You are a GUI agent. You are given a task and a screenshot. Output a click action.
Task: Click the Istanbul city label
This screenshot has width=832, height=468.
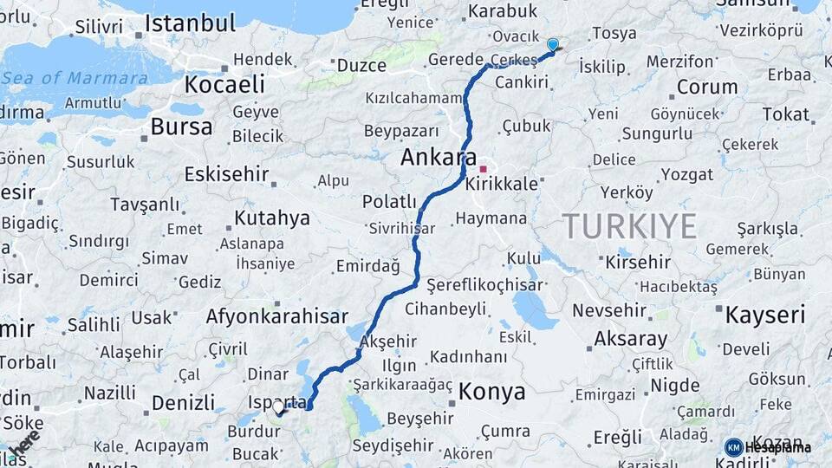(x=190, y=23)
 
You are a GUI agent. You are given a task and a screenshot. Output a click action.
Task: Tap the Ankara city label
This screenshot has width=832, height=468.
(x=439, y=159)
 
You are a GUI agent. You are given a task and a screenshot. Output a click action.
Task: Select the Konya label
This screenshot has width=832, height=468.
(x=491, y=392)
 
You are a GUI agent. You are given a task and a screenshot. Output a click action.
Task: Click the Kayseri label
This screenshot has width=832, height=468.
(x=765, y=314)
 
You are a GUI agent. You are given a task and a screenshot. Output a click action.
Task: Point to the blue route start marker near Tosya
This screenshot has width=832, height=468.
(x=552, y=44)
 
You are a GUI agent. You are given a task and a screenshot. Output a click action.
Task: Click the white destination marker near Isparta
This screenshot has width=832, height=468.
(x=278, y=406)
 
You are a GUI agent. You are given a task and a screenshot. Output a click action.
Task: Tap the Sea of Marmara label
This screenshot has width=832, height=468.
(x=75, y=78)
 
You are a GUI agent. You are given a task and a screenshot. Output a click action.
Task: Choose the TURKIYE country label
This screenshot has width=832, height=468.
(x=630, y=226)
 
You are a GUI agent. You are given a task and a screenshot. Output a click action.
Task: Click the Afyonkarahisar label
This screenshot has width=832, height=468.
(x=276, y=317)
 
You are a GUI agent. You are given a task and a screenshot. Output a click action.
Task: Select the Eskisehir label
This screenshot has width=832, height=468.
(x=226, y=174)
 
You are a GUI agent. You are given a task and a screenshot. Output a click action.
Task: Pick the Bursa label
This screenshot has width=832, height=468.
(x=181, y=127)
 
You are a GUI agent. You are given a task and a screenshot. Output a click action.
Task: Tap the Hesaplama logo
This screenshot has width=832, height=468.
(x=769, y=447)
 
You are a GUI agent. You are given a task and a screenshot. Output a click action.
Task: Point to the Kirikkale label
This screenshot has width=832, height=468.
(x=502, y=185)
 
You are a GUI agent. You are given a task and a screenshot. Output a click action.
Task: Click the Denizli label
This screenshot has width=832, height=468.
(x=183, y=402)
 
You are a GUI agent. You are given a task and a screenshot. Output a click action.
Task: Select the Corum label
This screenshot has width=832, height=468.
(x=706, y=87)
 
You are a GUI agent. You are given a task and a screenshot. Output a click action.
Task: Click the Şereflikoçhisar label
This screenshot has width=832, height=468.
(x=484, y=284)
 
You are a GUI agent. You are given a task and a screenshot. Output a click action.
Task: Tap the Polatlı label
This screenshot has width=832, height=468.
(x=389, y=202)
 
